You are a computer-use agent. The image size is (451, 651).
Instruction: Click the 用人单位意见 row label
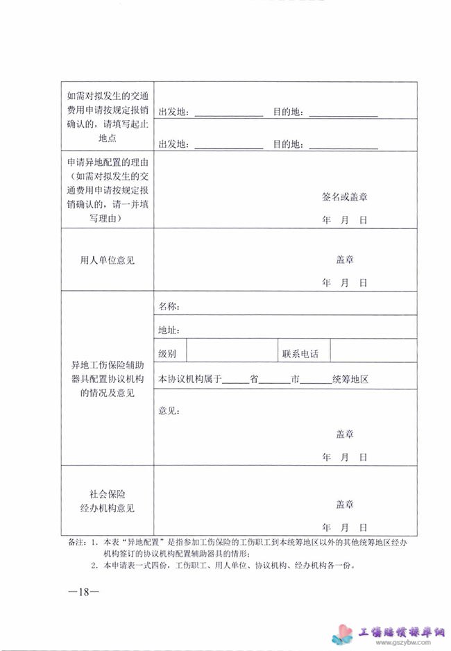pyautogui.click(x=108, y=260)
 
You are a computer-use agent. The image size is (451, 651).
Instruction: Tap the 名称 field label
pyautogui.click(x=169, y=306)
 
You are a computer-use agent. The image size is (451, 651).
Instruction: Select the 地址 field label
pyautogui.click(x=169, y=329)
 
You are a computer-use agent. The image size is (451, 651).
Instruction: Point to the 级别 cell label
pyautogui.click(x=167, y=353)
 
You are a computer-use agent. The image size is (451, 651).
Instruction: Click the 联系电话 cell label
pyautogui.click(x=300, y=353)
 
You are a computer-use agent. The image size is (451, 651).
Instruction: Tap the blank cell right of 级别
pyautogui.click(x=231, y=351)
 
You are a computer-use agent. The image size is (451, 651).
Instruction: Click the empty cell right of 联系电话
pyautogui.click(x=373, y=351)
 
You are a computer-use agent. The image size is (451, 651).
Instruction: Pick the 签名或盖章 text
pyautogui.click(x=345, y=197)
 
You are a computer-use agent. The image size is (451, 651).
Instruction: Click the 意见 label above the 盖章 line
pyautogui.click(x=169, y=411)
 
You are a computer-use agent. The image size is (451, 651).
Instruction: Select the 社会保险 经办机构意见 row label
pyautogui.click(x=108, y=500)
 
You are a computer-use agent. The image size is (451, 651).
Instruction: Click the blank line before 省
pyautogui.click(x=236, y=381)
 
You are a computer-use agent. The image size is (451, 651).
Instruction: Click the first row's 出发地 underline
pyautogui.click(x=228, y=113)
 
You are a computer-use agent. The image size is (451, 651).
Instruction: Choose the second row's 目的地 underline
pyautogui.click(x=343, y=146)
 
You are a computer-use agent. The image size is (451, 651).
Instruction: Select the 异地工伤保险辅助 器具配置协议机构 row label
pyautogui.click(x=108, y=378)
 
